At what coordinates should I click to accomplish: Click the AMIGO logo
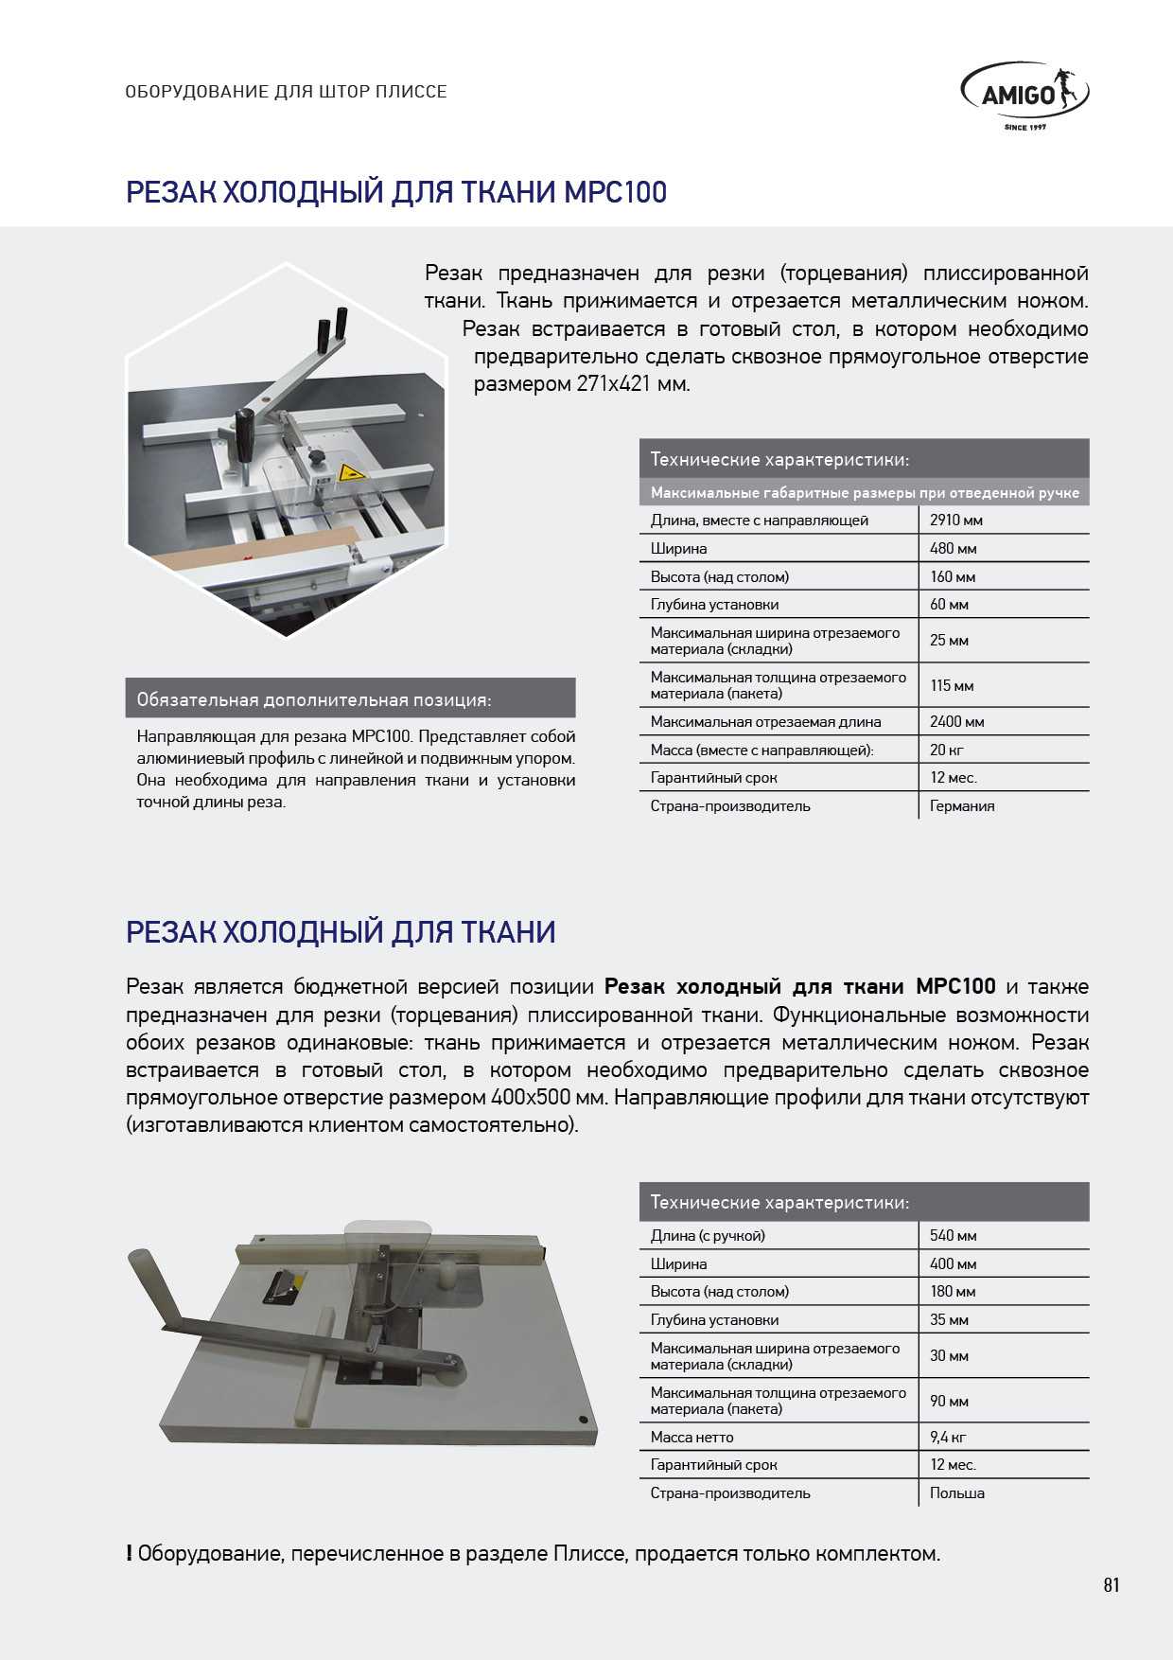[x=1024, y=95]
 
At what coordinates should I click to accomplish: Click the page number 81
[x=1112, y=1585]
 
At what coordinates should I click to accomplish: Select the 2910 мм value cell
[x=955, y=520]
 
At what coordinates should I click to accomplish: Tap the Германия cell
[x=962, y=806]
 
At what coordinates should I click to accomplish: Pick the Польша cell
[x=956, y=1492]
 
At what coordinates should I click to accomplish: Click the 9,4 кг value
[x=948, y=1437]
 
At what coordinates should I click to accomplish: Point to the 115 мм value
[x=952, y=685]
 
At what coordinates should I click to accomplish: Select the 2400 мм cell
[x=956, y=721]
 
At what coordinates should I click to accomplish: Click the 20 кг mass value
[x=946, y=750]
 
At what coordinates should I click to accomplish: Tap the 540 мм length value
[x=953, y=1235]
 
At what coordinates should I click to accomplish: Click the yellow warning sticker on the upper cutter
[x=350, y=473]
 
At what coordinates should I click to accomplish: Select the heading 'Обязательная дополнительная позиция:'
[x=314, y=700]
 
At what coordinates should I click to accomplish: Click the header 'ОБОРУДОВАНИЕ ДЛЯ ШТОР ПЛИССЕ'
[x=286, y=92]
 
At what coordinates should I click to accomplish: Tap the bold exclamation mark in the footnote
[x=129, y=1554]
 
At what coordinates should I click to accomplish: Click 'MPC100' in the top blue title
[x=615, y=192]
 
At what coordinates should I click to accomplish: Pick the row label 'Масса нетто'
[x=692, y=1437]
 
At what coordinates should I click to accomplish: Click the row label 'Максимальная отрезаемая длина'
[x=765, y=721]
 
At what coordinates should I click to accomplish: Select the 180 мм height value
[x=953, y=1291]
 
